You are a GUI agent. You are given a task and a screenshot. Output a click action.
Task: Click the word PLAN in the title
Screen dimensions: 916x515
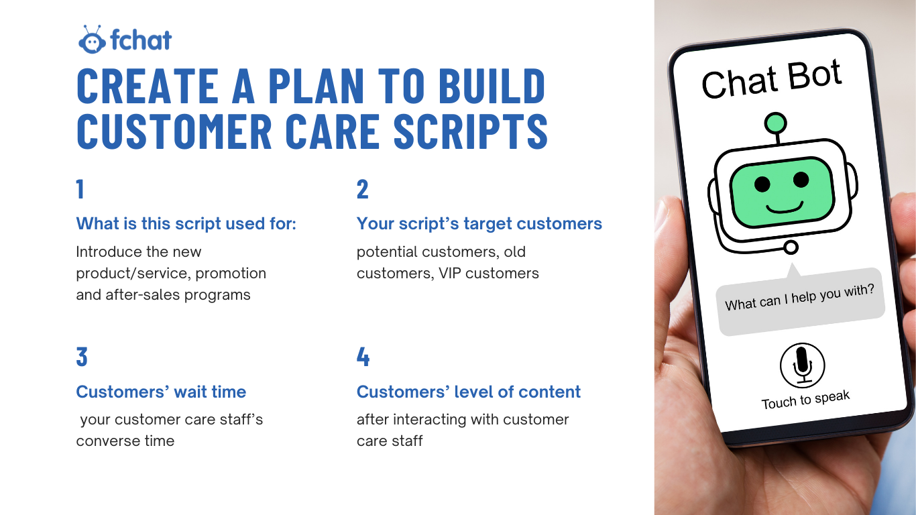(316, 86)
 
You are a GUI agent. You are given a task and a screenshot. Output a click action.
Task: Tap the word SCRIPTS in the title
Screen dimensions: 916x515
(470, 131)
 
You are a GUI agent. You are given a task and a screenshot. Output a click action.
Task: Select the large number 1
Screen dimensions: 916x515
(80, 189)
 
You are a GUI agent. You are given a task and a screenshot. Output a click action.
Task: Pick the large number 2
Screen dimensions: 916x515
(362, 189)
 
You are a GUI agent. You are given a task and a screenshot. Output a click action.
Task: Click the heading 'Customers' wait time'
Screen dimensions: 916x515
(161, 392)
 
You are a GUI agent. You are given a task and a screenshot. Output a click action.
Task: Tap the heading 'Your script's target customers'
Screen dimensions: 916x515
(479, 224)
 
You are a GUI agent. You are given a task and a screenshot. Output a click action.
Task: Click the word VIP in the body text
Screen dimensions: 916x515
(450, 273)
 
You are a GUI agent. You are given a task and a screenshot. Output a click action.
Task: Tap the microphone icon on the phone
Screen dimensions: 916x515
(802, 365)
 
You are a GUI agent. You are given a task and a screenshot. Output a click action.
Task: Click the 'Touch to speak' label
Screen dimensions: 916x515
(805, 399)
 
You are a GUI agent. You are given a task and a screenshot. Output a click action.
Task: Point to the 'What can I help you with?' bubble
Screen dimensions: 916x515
(800, 301)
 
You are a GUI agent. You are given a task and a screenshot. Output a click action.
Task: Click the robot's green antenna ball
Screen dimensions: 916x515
(775, 123)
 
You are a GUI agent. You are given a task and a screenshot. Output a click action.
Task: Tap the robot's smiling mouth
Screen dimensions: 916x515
(785, 207)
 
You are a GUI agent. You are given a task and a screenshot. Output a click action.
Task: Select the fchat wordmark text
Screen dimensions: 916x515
(141, 40)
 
